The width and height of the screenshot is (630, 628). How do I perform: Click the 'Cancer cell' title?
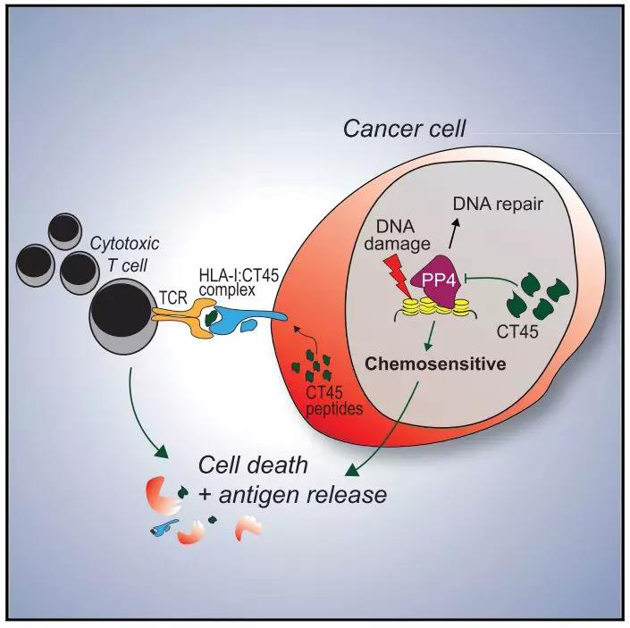pos(405,129)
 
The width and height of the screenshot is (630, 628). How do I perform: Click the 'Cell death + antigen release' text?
pos(292,479)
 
